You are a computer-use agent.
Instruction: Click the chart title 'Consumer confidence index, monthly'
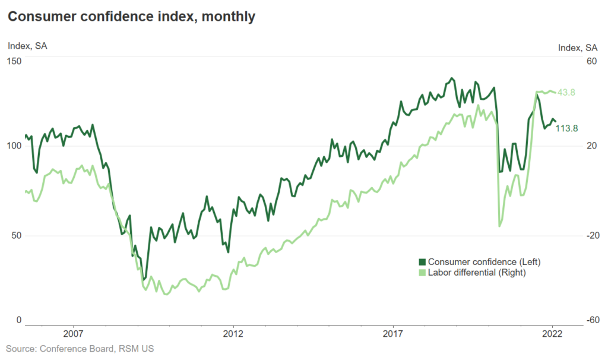coord(131,17)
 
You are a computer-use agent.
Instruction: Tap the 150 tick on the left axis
coord(14,61)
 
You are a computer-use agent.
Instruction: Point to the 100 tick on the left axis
coord(14,146)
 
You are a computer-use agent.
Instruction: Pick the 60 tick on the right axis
coord(591,61)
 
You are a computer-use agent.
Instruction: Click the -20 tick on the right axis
coord(590,235)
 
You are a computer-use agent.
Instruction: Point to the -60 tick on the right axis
coord(590,320)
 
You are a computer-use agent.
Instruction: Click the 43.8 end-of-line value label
coord(566,92)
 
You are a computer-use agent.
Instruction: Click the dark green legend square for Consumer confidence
coord(422,262)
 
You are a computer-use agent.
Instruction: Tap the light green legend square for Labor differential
coord(422,273)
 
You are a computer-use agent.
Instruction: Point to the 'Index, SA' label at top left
coord(27,46)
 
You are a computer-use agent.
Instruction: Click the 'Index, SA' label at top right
coord(578,48)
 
